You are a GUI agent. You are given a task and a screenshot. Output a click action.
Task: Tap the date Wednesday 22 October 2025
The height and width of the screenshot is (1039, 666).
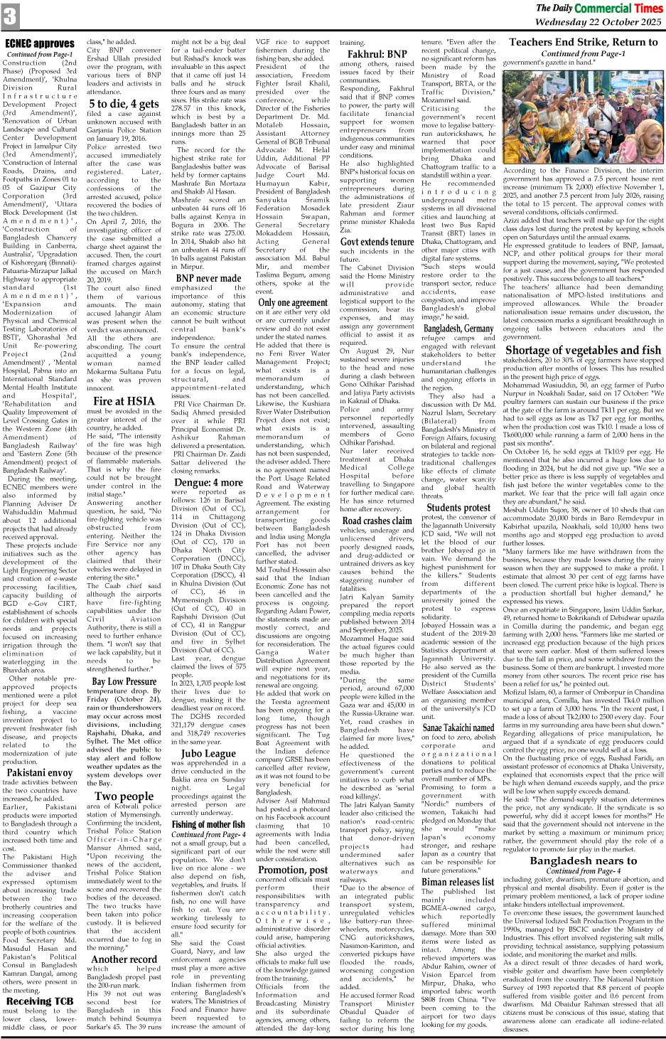[x=598, y=22]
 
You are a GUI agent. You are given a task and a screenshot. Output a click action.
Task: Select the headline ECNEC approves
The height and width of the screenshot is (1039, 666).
[x=40, y=44]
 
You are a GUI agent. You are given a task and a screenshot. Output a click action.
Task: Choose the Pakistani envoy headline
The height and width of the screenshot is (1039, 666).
[x=40, y=772]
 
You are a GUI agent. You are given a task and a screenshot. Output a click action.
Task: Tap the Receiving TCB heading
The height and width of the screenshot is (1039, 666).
[x=40, y=1001]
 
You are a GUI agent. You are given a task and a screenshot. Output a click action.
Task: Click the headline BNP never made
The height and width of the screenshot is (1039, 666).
[x=208, y=278]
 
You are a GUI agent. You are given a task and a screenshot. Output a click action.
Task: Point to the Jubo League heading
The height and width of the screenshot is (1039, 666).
[x=208, y=753]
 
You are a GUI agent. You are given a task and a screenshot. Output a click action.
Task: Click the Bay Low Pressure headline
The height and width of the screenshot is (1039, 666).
[x=124, y=681]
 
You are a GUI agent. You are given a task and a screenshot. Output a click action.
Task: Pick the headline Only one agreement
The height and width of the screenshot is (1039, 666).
[x=292, y=302]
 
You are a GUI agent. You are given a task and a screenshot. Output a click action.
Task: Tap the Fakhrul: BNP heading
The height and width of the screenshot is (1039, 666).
[x=377, y=54]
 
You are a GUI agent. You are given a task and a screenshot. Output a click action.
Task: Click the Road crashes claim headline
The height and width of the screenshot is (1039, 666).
[x=377, y=521]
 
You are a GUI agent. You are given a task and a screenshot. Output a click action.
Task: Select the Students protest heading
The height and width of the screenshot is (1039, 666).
[x=458, y=508]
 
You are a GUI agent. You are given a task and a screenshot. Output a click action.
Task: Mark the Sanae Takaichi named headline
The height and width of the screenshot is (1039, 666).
[x=458, y=728]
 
